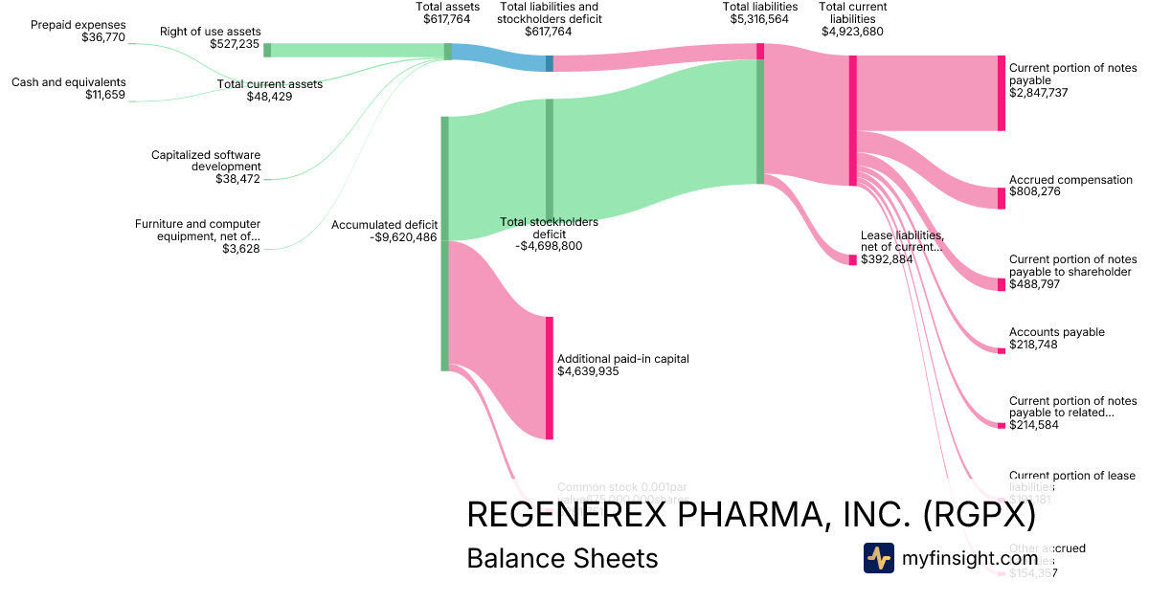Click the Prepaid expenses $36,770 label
(x=79, y=31)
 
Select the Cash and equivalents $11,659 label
(x=69, y=88)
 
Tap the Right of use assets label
(x=210, y=37)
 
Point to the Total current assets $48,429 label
(x=270, y=90)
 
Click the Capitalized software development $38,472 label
(x=206, y=166)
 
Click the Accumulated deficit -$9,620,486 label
(x=384, y=231)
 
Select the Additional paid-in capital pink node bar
(x=550, y=377)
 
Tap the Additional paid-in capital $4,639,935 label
(x=622, y=365)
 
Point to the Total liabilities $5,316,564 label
(x=760, y=12)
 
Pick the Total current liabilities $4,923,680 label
(x=853, y=18)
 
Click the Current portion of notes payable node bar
(x=1002, y=93)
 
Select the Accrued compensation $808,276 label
(x=1070, y=186)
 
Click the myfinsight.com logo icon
(x=878, y=558)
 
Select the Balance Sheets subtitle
(x=562, y=558)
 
